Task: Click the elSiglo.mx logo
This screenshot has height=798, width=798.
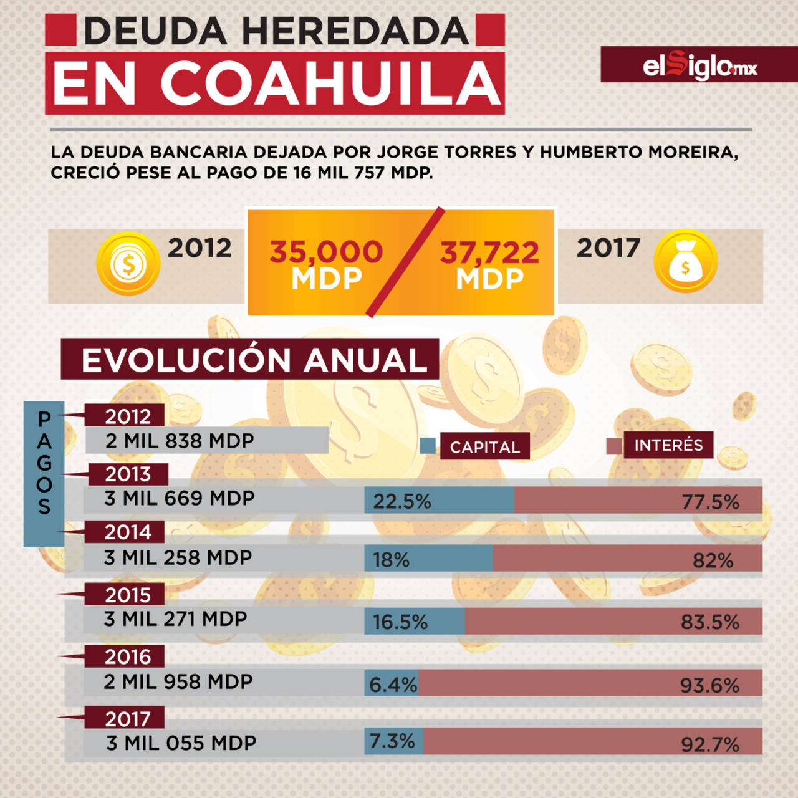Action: tap(699, 65)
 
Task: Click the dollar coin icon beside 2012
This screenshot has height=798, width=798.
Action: tap(128, 264)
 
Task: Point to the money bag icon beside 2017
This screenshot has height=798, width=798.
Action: tap(685, 261)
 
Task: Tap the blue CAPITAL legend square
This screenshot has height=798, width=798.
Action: tap(428, 446)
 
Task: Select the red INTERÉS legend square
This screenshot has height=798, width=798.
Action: tap(614, 446)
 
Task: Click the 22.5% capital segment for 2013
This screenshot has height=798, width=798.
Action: tap(439, 501)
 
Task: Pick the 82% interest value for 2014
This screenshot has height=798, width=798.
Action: tap(713, 560)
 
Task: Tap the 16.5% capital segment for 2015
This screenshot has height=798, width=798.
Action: tap(415, 622)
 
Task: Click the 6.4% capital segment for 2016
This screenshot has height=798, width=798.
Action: tap(392, 684)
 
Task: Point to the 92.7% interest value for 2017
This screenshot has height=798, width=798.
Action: tap(709, 744)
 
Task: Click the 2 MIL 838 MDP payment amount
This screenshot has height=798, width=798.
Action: tap(180, 441)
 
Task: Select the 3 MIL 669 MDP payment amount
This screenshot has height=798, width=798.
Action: tap(180, 498)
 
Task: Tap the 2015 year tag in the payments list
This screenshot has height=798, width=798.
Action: tap(128, 595)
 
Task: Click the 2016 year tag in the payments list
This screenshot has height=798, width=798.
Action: tap(128, 656)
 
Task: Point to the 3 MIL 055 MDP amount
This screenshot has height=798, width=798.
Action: tap(181, 743)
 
